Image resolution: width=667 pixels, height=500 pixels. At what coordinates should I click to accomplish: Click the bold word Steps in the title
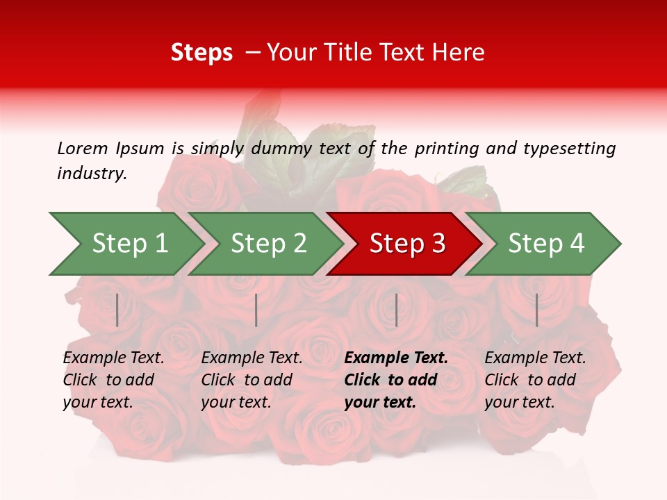point(201,53)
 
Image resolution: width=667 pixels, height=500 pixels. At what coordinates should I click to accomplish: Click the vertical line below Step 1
point(117,310)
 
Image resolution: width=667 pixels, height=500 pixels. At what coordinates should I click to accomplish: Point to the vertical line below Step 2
point(256,310)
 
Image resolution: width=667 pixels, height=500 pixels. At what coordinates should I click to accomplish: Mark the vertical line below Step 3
point(396,310)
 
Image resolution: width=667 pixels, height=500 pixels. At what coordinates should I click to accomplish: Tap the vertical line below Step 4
point(537,310)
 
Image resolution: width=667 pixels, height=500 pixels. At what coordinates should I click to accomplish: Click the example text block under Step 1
point(113,380)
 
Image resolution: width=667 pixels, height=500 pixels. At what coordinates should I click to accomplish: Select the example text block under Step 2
point(252,380)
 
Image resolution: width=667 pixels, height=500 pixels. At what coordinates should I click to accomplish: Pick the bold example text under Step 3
point(396,380)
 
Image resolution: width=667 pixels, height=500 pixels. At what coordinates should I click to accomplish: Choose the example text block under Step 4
point(535,380)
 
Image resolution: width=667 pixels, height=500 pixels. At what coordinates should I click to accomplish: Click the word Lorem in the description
point(83,148)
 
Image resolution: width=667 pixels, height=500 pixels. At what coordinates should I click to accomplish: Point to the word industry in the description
point(92,174)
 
